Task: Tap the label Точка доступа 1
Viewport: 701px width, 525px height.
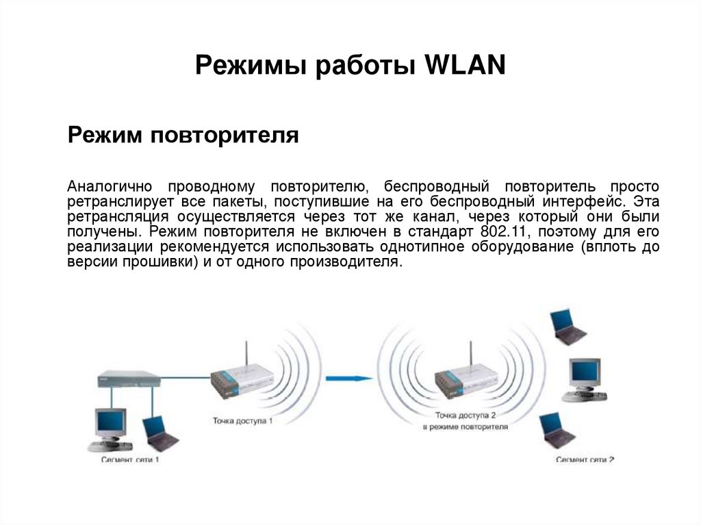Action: pos(242,420)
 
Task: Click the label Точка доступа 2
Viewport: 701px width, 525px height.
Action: pos(465,415)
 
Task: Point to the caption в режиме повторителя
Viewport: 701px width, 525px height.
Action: pos(465,427)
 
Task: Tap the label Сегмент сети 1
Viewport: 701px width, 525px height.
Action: pos(130,459)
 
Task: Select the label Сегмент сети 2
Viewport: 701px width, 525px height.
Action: pos(585,459)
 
